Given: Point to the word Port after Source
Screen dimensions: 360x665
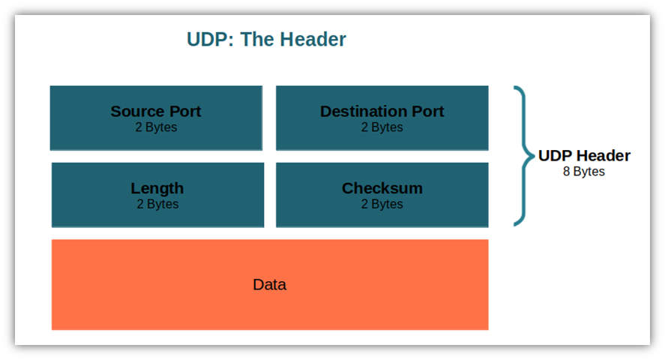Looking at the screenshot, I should click(184, 112).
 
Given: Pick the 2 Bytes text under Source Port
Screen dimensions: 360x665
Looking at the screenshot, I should click(156, 127).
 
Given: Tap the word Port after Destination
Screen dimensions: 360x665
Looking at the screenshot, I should click(427, 112).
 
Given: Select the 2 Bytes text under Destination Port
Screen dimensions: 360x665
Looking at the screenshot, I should click(382, 127).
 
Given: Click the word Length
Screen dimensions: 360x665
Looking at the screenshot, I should click(157, 188).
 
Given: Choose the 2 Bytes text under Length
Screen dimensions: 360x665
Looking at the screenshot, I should click(157, 204).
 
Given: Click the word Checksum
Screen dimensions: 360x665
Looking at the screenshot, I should click(382, 188).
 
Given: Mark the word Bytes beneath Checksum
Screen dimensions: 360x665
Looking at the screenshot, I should click(387, 204).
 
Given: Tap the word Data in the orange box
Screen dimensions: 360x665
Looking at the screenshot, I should click(269, 285).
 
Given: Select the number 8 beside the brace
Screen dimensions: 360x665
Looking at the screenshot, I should click(567, 172).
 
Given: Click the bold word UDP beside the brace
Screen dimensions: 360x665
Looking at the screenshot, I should click(555, 156).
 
